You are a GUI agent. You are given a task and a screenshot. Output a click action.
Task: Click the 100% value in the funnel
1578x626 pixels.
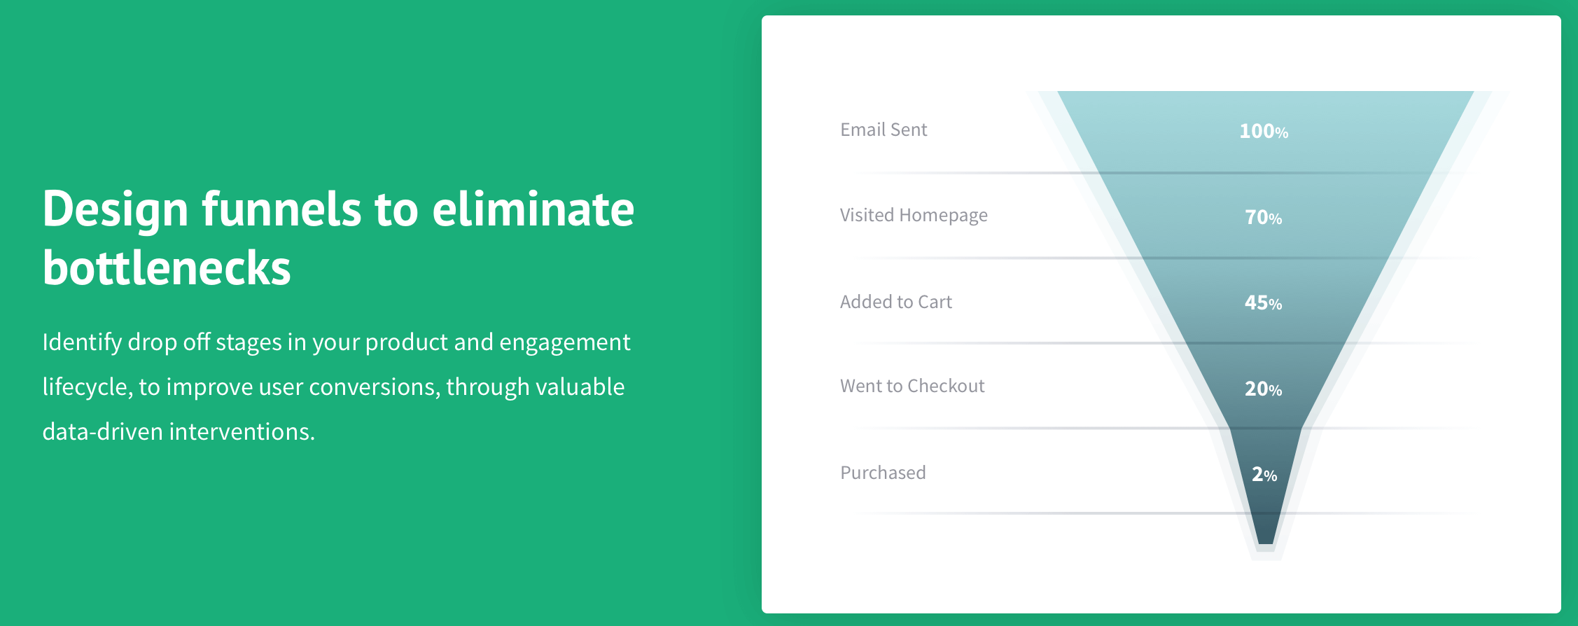click(x=1264, y=131)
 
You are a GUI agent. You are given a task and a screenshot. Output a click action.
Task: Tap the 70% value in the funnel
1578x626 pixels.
click(x=1264, y=217)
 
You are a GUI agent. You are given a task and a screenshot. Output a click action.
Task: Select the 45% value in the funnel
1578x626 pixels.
click(x=1264, y=302)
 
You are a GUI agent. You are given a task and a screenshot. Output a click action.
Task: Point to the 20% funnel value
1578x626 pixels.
click(x=1264, y=389)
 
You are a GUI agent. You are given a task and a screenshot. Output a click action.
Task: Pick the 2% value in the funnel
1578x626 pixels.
click(x=1264, y=474)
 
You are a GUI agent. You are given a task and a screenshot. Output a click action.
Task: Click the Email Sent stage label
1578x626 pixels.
click(x=884, y=130)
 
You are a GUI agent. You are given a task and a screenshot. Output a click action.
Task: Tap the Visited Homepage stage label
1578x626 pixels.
click(x=914, y=216)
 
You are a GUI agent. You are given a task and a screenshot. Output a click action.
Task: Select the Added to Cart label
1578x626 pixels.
click(x=896, y=302)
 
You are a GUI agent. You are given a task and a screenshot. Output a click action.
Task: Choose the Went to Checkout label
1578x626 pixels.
click(x=912, y=386)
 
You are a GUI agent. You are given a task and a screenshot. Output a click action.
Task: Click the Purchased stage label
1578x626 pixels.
click(x=883, y=473)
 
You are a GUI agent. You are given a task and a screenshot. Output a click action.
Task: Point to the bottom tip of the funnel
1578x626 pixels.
click(x=1266, y=544)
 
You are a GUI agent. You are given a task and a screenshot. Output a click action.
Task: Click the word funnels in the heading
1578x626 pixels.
click(x=281, y=209)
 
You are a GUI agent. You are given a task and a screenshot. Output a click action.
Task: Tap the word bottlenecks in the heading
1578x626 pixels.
click(x=167, y=267)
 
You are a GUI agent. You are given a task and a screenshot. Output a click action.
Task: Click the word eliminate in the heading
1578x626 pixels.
click(x=533, y=209)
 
